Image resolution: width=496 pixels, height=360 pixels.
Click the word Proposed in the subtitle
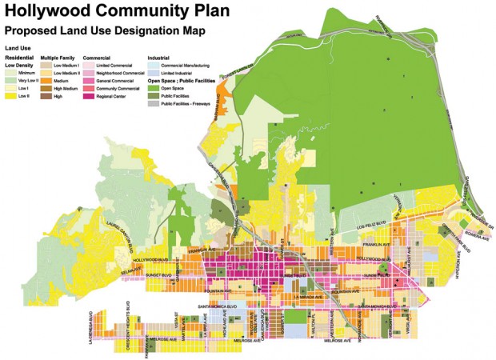coord(30,30)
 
